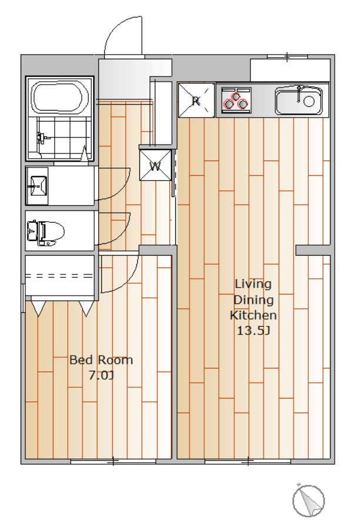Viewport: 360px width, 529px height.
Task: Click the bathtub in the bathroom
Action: click(x=56, y=97)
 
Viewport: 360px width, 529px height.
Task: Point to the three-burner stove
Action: click(x=236, y=99)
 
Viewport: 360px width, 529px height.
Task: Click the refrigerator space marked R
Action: click(x=196, y=100)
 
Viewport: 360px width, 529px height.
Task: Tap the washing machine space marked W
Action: click(x=155, y=165)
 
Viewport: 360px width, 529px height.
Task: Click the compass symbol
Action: click(x=309, y=501)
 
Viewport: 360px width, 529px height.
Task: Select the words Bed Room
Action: click(x=101, y=360)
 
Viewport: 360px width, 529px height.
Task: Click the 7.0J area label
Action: click(x=101, y=376)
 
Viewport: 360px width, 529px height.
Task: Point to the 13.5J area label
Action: click(x=253, y=330)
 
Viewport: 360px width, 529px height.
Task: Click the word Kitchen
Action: click(x=254, y=315)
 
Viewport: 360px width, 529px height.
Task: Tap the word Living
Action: click(x=253, y=284)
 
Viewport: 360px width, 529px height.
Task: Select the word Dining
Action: click(x=254, y=300)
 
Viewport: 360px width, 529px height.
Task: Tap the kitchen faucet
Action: click(x=299, y=93)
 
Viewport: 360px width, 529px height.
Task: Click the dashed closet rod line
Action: click(x=59, y=276)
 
